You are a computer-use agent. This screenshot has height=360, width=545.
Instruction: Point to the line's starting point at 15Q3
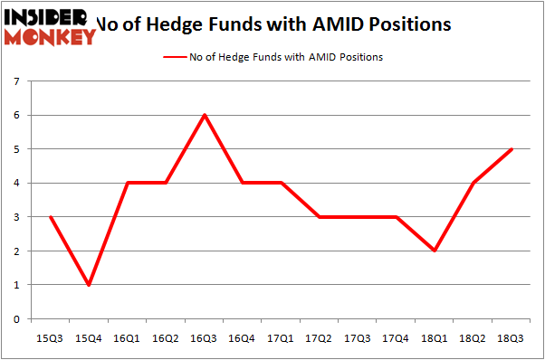coord(52,217)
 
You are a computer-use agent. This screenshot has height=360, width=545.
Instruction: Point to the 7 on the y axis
coord(17,81)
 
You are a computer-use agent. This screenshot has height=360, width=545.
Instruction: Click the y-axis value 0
coord(17,319)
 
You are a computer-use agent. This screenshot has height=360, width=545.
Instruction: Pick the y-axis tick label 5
coord(17,149)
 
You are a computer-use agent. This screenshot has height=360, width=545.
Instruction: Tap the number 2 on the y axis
coord(17,251)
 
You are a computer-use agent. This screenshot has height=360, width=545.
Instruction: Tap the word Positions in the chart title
coord(401,24)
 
